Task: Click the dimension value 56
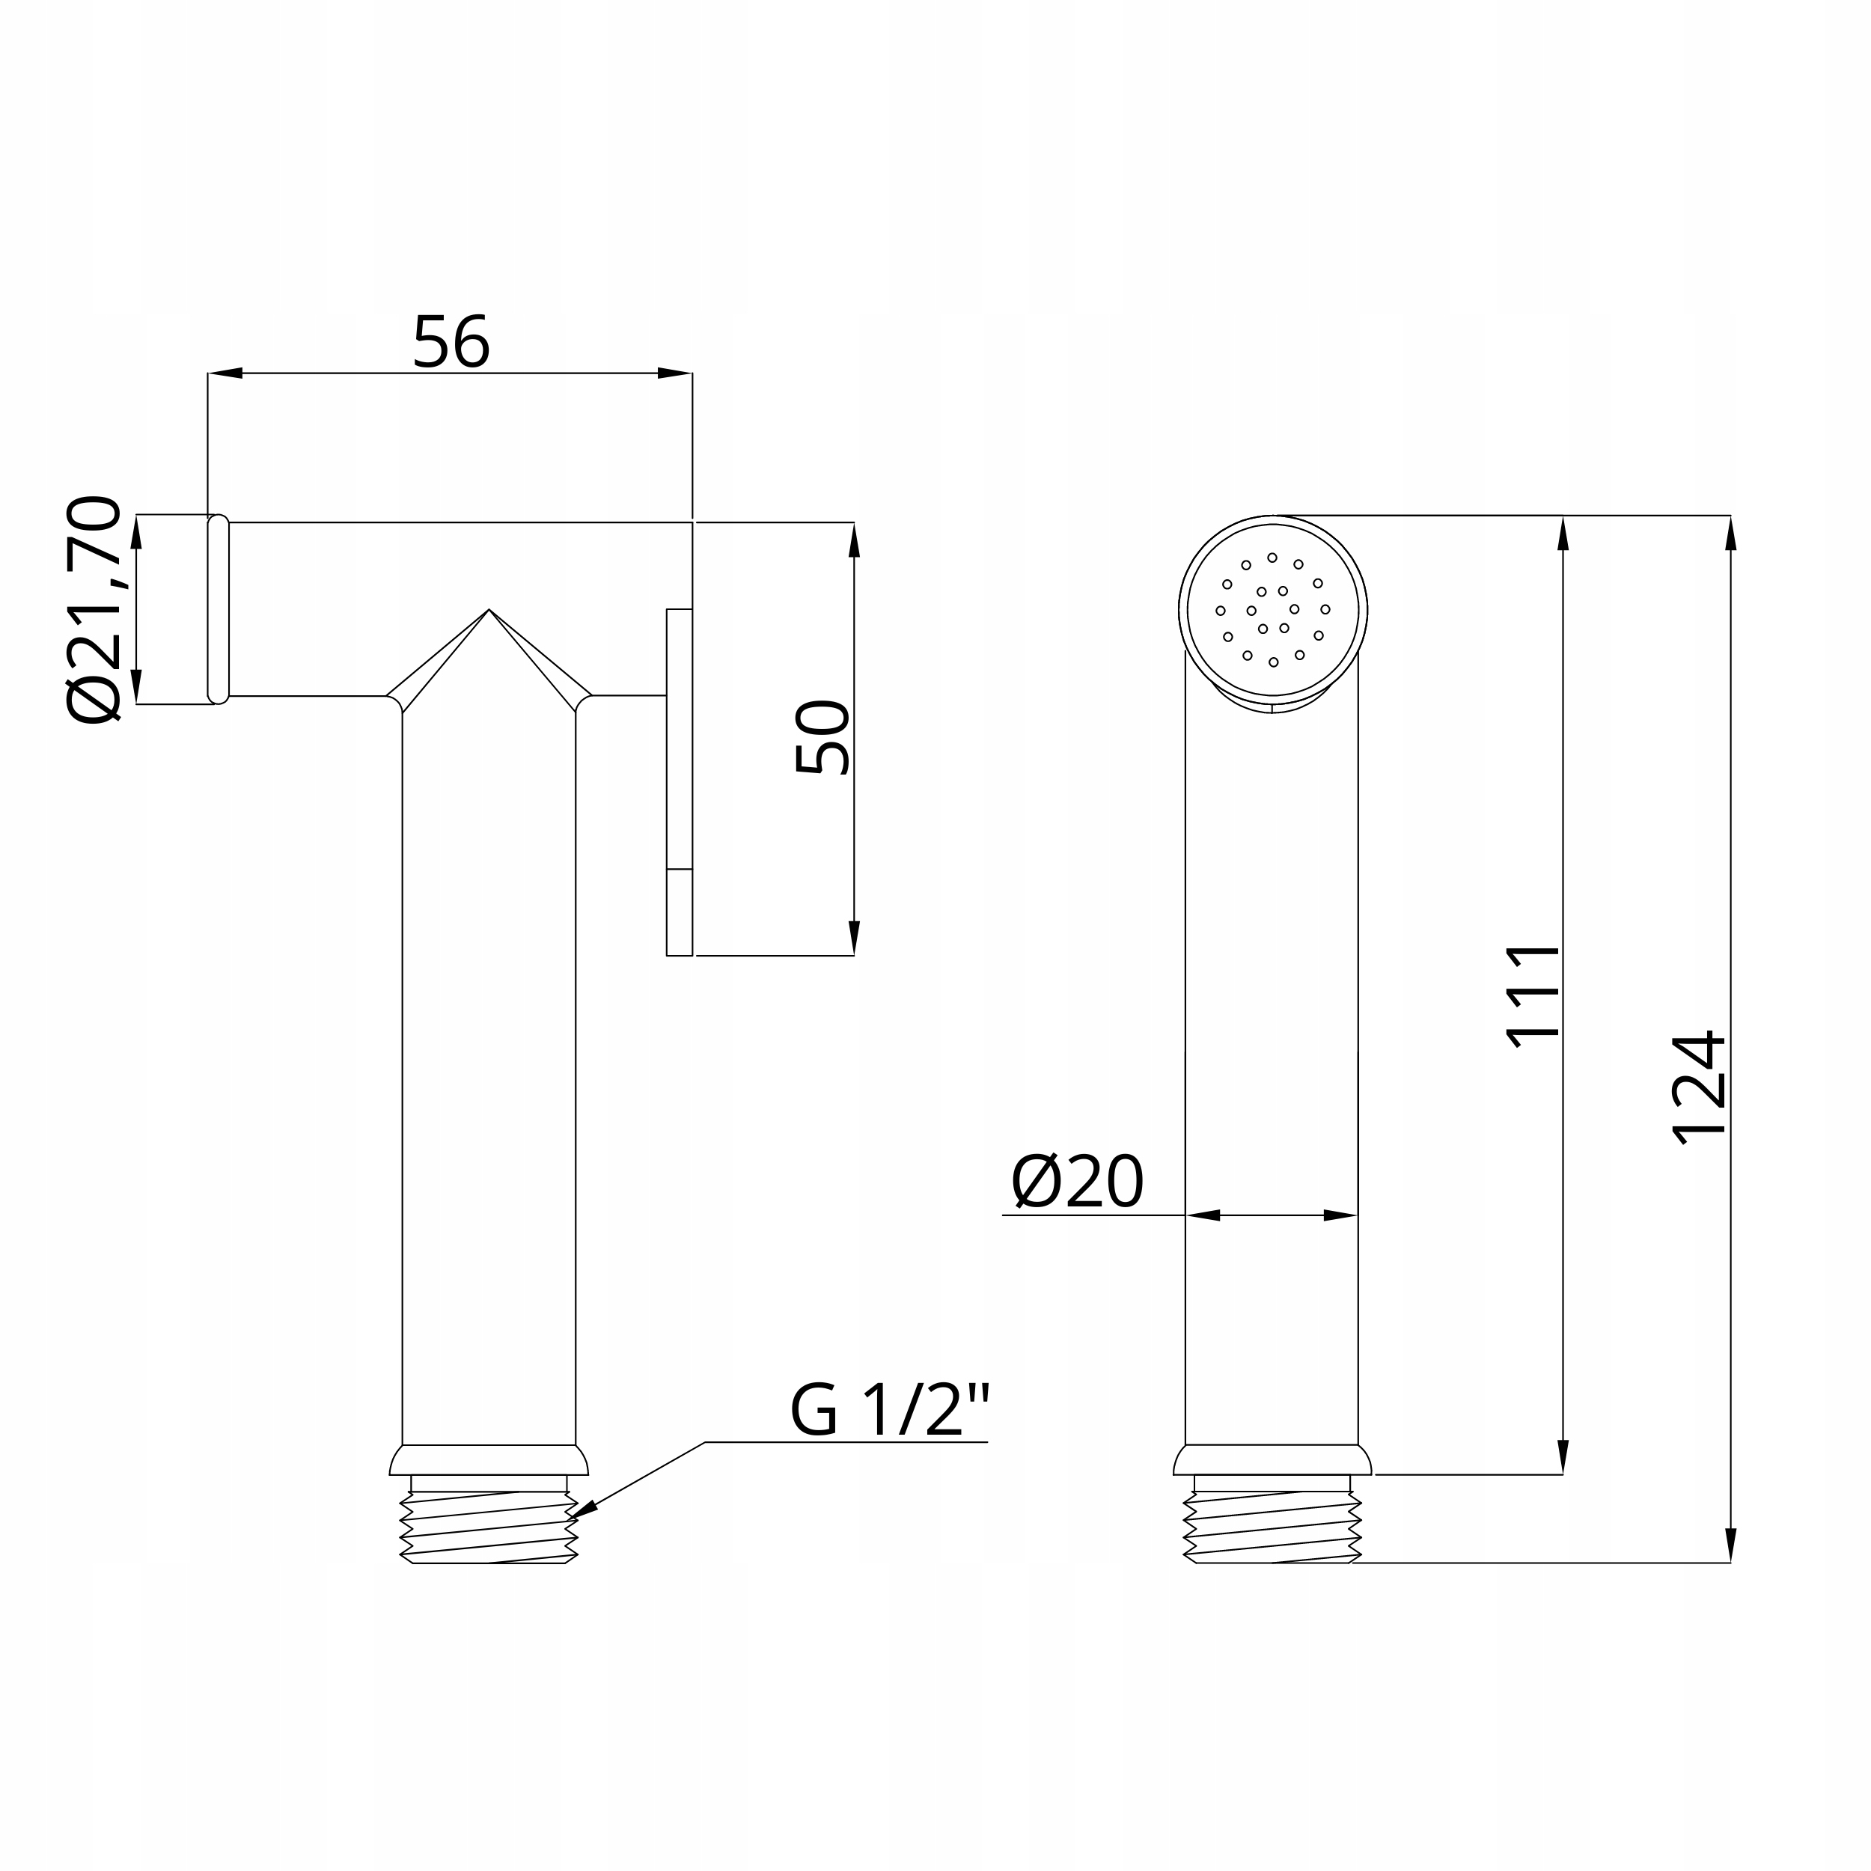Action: click(451, 341)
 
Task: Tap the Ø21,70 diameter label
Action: click(95, 609)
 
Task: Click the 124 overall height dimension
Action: click(1700, 1087)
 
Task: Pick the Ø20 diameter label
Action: click(1077, 1182)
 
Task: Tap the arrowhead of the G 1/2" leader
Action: click(582, 1512)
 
